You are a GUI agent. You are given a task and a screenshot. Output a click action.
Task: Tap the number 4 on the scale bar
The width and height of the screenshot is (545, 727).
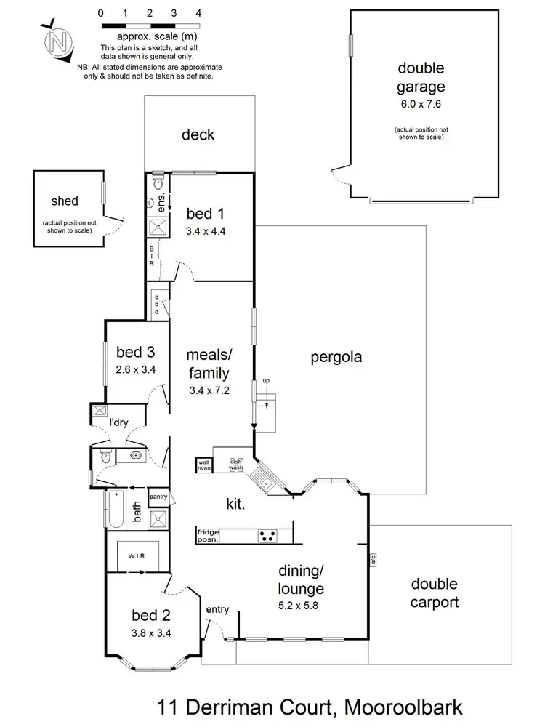[198, 14]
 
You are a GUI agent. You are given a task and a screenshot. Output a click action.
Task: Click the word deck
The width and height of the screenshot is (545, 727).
[198, 134]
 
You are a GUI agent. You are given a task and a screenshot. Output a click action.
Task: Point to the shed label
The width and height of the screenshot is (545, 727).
[65, 201]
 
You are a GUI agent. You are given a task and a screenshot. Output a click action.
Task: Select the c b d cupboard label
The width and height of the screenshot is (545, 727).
[156, 302]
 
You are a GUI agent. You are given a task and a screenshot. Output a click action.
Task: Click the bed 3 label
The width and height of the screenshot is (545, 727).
[136, 353]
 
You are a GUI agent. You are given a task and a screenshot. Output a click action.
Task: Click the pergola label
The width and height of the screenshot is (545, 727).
[336, 357]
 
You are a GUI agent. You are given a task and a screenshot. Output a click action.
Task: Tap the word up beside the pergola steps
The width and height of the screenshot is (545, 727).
[266, 380]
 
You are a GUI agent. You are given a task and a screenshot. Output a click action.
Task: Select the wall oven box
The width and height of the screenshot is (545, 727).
[203, 465]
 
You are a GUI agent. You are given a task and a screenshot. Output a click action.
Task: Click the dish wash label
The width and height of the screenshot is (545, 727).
[236, 465]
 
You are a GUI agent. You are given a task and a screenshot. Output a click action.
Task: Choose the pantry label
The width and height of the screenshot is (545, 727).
[158, 497]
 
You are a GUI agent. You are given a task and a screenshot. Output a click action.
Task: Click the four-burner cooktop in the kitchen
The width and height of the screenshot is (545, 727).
[267, 537]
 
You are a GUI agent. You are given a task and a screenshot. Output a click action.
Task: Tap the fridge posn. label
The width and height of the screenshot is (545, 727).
[208, 537]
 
